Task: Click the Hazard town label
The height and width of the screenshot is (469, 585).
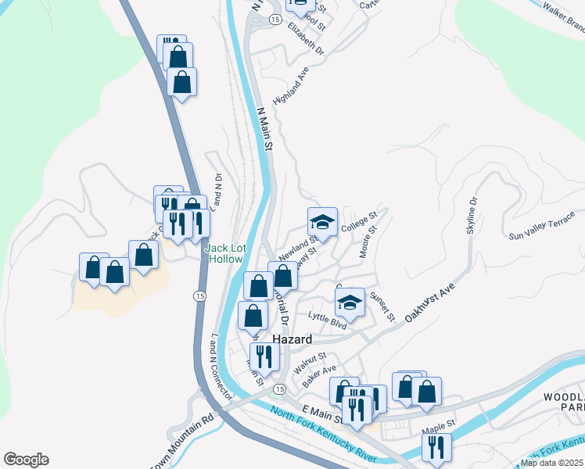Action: (292, 340)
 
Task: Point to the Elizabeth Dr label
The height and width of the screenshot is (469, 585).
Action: (305, 38)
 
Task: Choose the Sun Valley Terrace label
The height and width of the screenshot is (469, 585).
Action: (541, 229)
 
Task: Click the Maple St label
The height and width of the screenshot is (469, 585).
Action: (437, 425)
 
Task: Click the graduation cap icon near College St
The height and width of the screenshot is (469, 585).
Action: (321, 223)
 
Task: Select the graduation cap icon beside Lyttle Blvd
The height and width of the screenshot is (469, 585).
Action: (350, 303)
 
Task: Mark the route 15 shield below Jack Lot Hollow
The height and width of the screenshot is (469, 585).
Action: (199, 295)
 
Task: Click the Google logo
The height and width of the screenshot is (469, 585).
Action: (26, 460)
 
